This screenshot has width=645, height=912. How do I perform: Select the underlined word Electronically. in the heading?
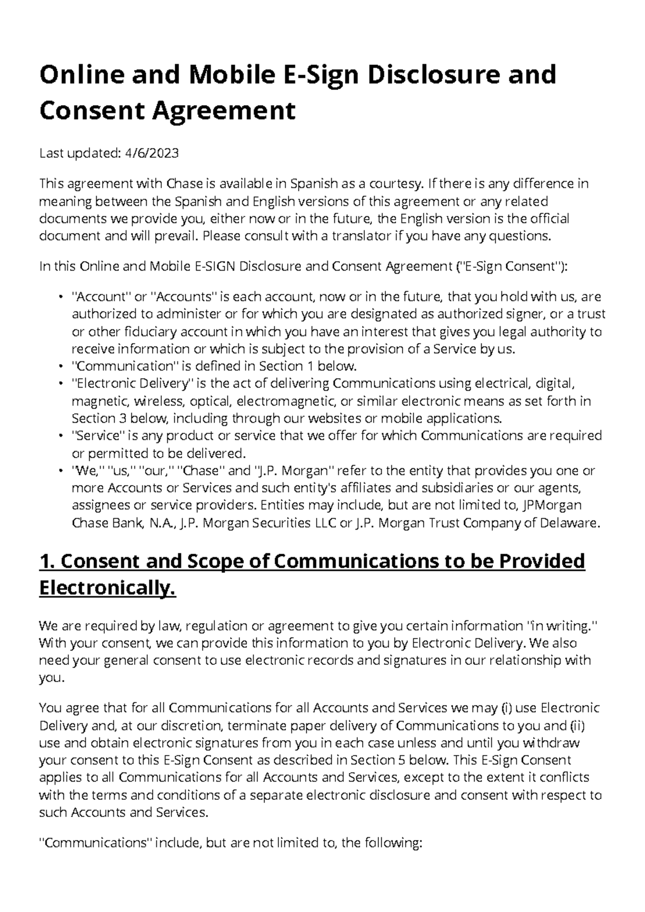[x=107, y=589]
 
